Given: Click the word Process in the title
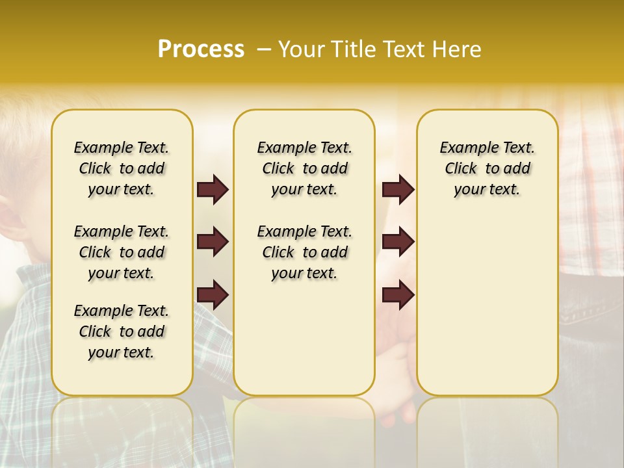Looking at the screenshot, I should pos(201,49).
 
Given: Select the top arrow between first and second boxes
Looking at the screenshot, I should pos(213,189).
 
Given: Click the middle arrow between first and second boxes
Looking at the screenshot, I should pos(213,242).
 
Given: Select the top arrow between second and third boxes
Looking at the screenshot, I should pos(398,189).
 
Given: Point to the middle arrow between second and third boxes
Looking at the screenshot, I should pos(398,242).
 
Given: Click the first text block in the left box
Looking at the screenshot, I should pos(122,168).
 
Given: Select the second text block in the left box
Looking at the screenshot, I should pos(122,252).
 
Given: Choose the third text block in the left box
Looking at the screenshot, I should pos(122,331).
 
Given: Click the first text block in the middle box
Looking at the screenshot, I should pos(304,168).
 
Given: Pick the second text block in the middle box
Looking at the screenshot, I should pos(304,252).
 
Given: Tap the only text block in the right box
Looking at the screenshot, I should pos(487,168).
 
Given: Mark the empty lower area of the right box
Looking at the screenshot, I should pos(487,312).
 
